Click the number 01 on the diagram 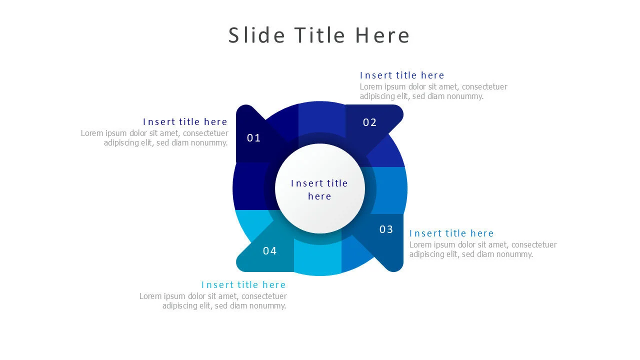(x=253, y=138)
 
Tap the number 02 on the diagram (x=369, y=122)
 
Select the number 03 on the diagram (x=386, y=229)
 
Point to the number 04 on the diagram (x=269, y=251)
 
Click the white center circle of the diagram (x=319, y=188)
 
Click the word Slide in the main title (x=256, y=35)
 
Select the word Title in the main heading (x=319, y=35)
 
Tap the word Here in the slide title (x=382, y=35)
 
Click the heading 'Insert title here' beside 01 (x=185, y=122)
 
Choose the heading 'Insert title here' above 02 (x=402, y=75)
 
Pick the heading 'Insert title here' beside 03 (x=451, y=233)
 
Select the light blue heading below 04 (x=243, y=285)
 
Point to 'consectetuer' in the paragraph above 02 (x=484, y=87)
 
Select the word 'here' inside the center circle (x=319, y=196)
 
